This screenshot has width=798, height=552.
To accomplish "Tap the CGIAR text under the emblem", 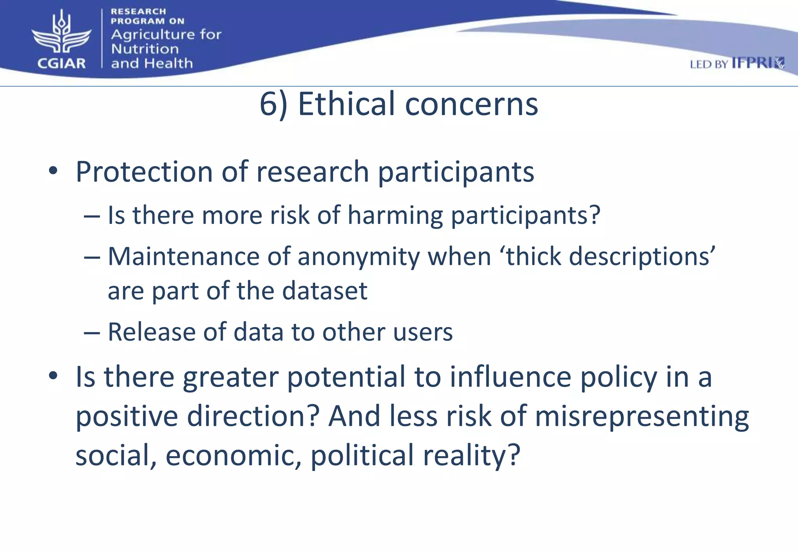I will [x=61, y=63].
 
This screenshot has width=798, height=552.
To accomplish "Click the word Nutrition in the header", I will [x=145, y=49].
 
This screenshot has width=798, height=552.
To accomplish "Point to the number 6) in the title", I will [x=274, y=104].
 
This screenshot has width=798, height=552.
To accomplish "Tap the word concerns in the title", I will [x=471, y=104].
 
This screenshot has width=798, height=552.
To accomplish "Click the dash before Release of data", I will [x=92, y=332].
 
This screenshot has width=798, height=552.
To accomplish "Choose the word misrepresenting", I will [x=641, y=416].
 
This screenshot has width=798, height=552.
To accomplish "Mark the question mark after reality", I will [x=514, y=454].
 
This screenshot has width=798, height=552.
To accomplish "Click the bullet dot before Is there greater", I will [x=53, y=376].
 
